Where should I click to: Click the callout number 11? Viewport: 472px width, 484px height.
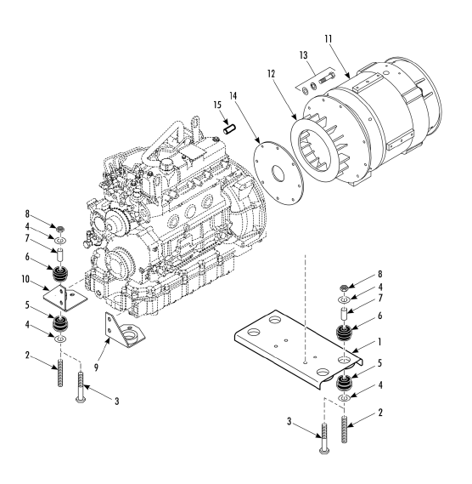coord(329,39)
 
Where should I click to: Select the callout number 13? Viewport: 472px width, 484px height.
coord(303,55)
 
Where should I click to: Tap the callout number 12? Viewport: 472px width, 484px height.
coord(271,74)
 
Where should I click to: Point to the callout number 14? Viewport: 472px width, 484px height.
coord(233,96)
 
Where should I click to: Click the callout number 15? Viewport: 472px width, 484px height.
coord(217,105)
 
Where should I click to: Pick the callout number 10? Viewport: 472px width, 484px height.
coord(25,279)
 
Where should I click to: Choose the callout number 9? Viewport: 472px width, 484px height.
coord(96,367)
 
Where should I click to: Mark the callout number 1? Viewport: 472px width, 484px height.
coord(379,342)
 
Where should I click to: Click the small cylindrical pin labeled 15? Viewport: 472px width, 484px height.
coord(229,129)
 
